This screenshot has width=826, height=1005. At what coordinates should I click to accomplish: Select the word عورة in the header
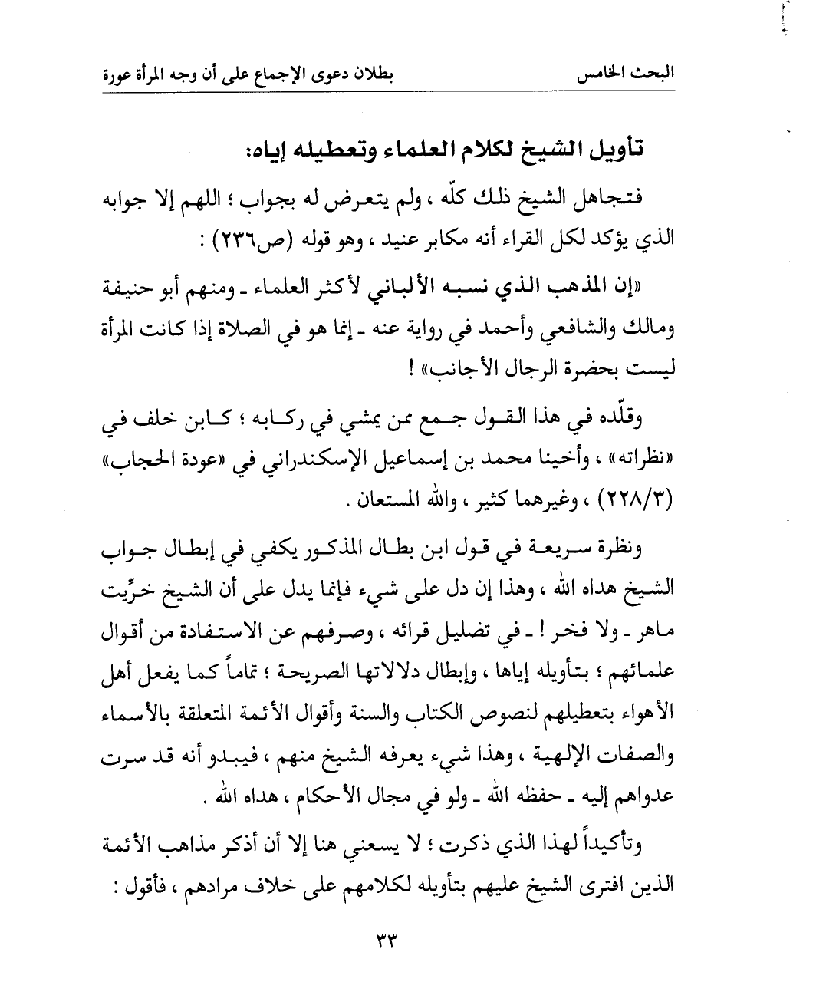coord(120,77)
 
